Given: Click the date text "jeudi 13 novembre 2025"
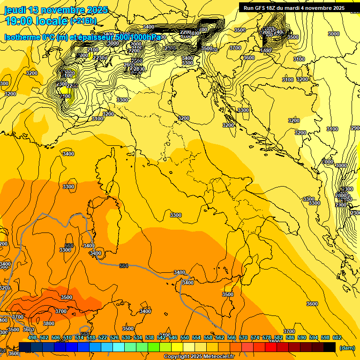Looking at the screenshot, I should pyautogui.click(x=56, y=10).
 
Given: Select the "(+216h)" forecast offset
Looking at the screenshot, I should pyautogui.click(x=83, y=21).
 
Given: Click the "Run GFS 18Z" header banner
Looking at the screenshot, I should pyautogui.click(x=294, y=8).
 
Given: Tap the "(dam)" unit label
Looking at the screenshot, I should pyautogui.click(x=347, y=347).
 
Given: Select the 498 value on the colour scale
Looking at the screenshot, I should pyautogui.click(x=32, y=337).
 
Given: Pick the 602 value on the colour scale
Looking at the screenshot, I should pyautogui.click(x=337, y=337).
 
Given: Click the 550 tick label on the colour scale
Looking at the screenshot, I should pyautogui.click(x=185, y=337).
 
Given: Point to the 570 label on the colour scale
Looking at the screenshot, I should pyautogui.click(x=243, y=337).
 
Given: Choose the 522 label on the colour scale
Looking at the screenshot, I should pyautogui.click(x=103, y=337).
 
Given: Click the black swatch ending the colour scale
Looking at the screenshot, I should pyautogui.click(x=330, y=347).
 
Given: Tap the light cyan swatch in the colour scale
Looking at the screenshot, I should pyautogui.click(x=119, y=347).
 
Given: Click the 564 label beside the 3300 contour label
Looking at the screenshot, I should pyautogui.click(x=69, y=246).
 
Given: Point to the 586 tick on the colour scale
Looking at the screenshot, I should pyautogui.click(x=290, y=337).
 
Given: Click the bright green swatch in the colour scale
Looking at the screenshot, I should pyautogui.click(x=154, y=347).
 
